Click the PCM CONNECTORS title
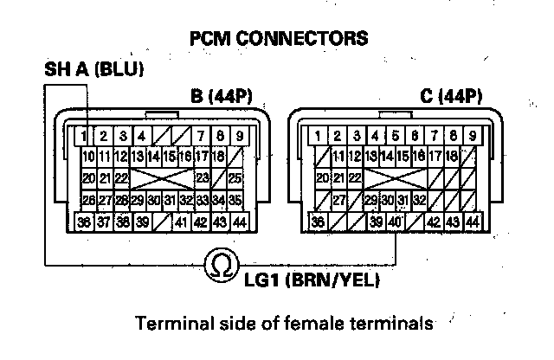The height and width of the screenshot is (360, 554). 278,39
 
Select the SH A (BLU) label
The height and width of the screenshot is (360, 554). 93,68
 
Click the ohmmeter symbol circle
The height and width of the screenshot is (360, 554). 221,266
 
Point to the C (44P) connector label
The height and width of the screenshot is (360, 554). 450,95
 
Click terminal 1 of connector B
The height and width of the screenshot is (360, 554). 83,136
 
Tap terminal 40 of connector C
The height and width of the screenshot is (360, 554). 395,222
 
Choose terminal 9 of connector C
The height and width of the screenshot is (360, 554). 472,136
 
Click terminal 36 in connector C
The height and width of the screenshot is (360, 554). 319,222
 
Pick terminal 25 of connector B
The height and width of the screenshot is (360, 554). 235,179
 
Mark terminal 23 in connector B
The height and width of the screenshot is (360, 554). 202,179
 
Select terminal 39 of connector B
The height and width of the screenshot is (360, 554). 141,222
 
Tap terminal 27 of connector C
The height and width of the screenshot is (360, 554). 340,201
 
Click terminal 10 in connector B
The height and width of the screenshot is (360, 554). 88,157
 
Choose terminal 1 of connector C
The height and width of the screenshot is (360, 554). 319,136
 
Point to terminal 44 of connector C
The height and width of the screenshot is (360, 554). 472,222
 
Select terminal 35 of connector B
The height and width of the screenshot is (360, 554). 235,201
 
